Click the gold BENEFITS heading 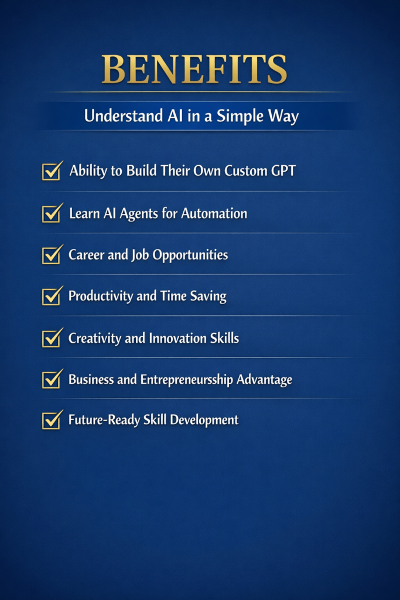(194, 69)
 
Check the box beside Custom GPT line (52, 172)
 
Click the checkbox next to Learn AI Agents (52, 213)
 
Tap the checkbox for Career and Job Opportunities (52, 255)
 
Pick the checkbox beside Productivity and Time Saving (52, 296)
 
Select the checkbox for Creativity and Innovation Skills (52, 338)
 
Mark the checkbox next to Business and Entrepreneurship (52, 380)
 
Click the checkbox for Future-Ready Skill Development (52, 420)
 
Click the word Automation (214, 213)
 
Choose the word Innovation (179, 338)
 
